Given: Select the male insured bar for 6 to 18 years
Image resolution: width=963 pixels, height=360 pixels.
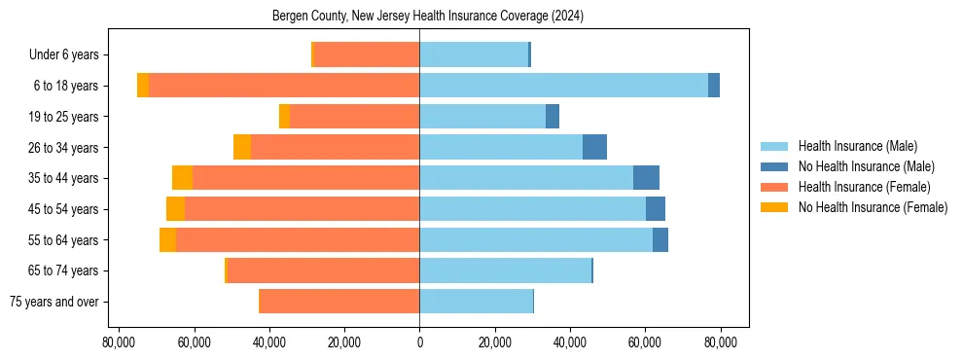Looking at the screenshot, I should point(563,86).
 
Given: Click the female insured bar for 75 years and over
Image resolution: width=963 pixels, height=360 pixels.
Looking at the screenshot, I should point(339,302).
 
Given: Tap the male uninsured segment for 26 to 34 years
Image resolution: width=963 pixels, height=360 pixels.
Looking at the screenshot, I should point(594,147).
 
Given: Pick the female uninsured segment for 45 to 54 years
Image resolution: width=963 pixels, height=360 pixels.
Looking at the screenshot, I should point(175,209).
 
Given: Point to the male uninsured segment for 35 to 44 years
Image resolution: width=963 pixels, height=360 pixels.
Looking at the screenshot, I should point(646,178).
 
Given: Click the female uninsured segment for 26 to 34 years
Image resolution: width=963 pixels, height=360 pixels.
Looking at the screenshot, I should point(242,147).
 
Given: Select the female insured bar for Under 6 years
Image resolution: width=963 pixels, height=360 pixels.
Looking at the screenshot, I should point(367,54).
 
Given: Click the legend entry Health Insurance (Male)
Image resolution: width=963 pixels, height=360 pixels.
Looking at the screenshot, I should point(857,146).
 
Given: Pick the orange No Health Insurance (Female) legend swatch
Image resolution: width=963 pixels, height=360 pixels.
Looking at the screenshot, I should point(774,207).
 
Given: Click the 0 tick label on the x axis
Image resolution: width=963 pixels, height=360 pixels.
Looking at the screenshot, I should point(419,342).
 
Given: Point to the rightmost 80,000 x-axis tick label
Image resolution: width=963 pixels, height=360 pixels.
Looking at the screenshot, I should point(720,342).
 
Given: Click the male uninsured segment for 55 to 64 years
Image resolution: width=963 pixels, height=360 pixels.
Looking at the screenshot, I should point(660,239).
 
